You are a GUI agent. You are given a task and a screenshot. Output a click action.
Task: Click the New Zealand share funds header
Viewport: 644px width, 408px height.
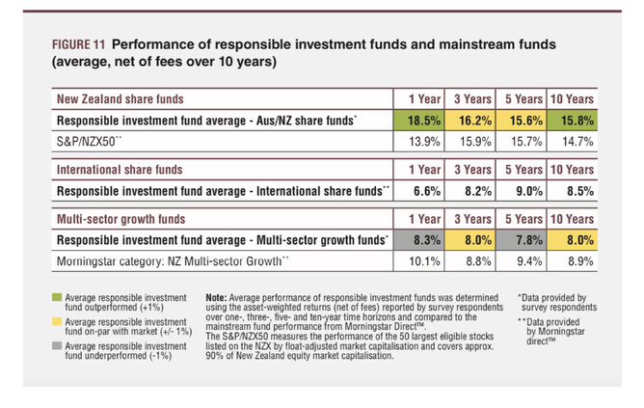click(121, 99)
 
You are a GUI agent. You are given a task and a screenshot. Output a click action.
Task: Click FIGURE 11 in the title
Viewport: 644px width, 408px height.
click(78, 44)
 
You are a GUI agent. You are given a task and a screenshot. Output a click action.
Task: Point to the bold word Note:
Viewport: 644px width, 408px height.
click(220, 297)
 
